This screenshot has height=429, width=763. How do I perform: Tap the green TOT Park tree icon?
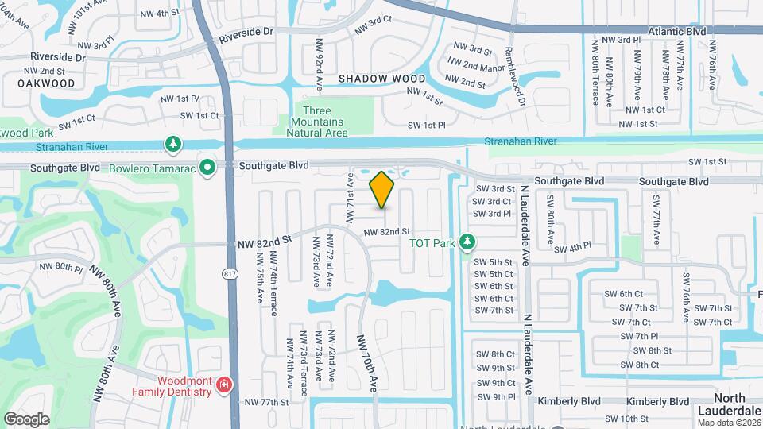[468, 241]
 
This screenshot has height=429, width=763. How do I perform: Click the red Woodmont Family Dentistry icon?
[225, 387]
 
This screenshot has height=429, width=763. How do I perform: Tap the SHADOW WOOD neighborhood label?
[381, 79]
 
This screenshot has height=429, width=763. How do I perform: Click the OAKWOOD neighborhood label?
[46, 83]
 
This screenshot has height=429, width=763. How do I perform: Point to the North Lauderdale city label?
[728, 404]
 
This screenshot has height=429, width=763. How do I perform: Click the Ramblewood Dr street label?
[511, 78]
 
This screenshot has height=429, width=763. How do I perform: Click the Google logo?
[26, 419]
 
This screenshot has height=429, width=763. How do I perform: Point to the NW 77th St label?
[266, 402]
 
